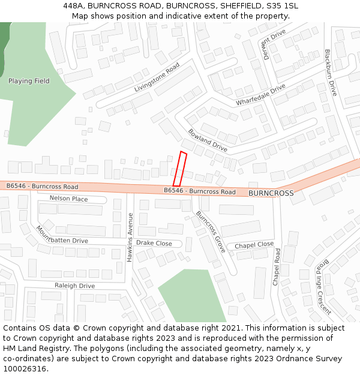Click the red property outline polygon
coord(180,169)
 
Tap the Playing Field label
coord(29,81)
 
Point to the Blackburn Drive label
coord(331,73)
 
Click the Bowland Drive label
coord(208,140)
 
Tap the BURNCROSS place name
coord(271,193)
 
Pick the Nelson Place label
coord(68,199)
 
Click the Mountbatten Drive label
coord(61,235)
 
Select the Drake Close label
coord(154,243)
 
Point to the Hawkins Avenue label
coord(130,237)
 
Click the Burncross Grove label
coord(211,232)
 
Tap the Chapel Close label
coord(254,245)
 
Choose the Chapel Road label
coord(277,267)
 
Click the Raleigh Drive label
coord(75,286)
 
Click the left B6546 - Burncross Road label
coord(43,187)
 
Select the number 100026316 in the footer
coord(25,369)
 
